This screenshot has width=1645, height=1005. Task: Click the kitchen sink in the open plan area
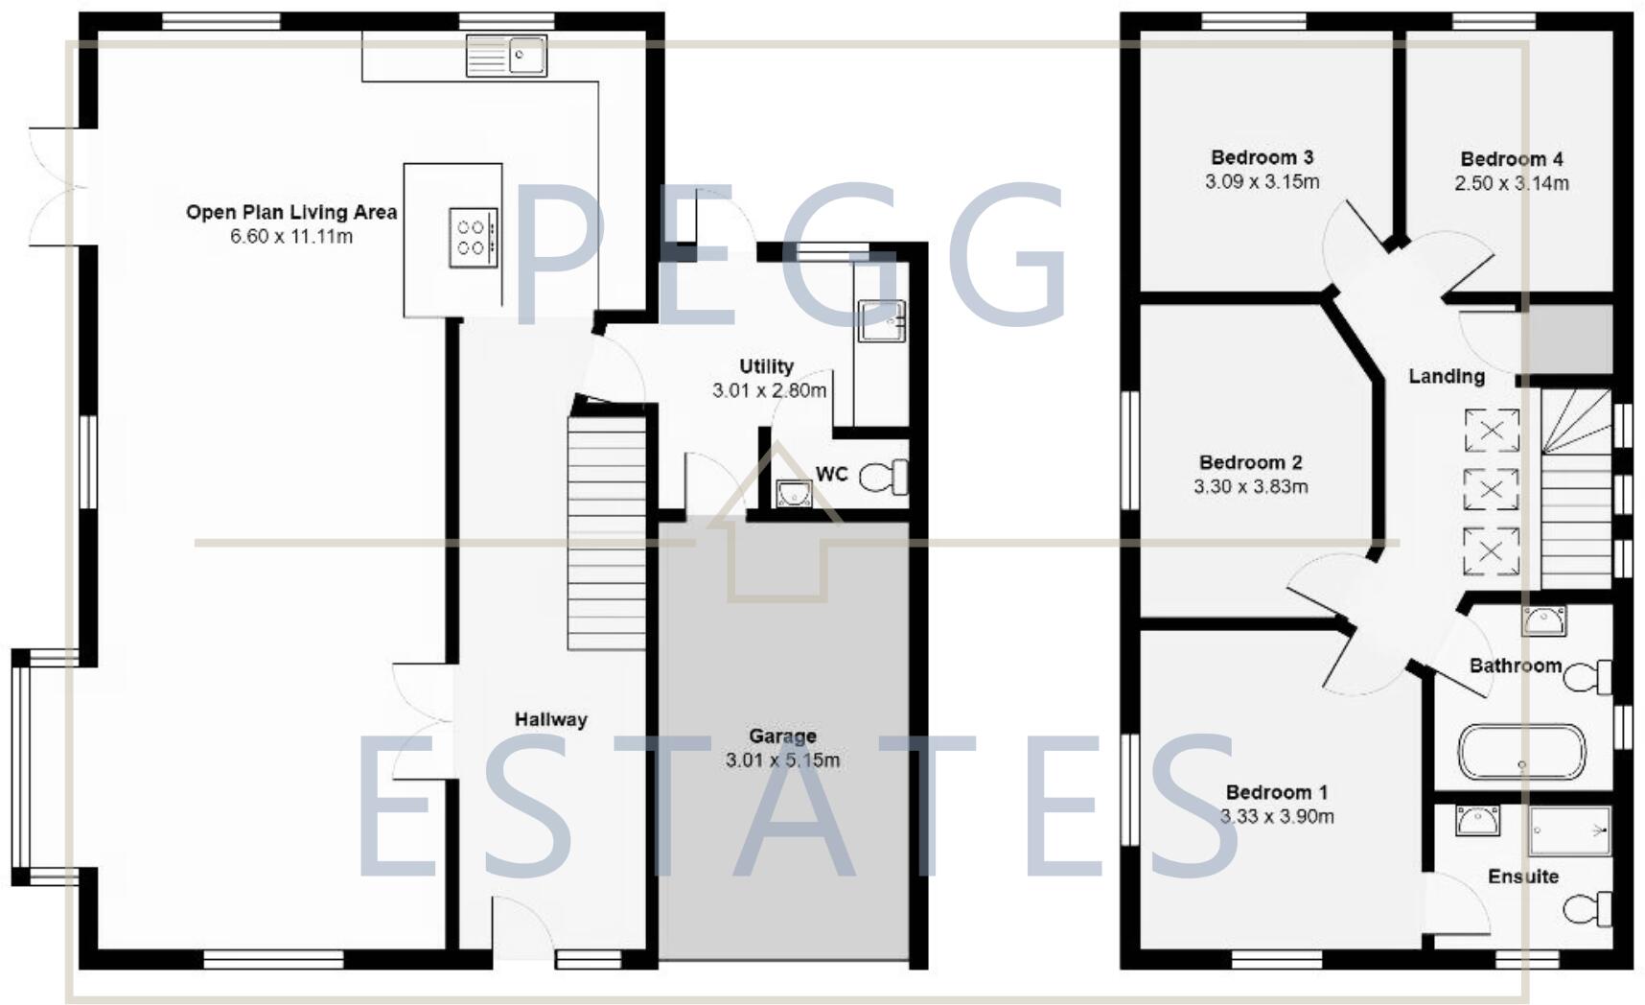[506, 56]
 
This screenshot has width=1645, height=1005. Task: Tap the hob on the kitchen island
[474, 237]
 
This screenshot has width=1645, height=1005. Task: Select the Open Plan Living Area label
[291, 212]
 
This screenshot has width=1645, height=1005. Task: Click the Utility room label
[766, 366]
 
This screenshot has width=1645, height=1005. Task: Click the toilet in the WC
[885, 477]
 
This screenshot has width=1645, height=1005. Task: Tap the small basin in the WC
[792, 494]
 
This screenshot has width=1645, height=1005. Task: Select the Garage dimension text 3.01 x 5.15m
[782, 760]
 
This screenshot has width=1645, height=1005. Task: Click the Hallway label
[550, 719]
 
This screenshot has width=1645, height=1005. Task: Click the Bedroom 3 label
[1262, 157]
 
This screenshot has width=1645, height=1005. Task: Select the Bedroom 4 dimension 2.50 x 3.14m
[1512, 183]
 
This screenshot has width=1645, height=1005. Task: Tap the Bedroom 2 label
[1250, 462]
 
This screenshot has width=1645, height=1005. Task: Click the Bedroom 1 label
[1277, 792]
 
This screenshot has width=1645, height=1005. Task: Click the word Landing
[1447, 376]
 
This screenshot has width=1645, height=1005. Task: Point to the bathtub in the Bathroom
[1522, 752]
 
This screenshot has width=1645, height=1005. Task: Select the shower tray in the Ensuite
[1569, 830]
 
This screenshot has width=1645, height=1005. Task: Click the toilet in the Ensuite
[1588, 908]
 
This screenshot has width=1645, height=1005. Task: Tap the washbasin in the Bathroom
[1543, 620]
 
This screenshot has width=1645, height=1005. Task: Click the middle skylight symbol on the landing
[1491, 490]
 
